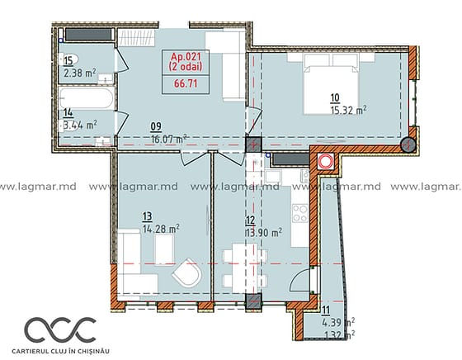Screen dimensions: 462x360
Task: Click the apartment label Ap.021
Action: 186,56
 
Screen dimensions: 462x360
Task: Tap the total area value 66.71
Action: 186,83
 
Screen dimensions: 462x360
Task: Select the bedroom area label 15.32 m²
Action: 348,111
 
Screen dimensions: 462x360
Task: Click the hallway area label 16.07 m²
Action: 169,139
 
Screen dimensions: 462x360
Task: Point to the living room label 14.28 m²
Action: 161,229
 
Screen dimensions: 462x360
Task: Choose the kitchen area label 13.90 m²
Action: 263,233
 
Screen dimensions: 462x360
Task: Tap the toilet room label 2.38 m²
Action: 80,73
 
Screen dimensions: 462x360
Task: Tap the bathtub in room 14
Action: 86,98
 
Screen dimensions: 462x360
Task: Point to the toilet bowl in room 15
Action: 68,59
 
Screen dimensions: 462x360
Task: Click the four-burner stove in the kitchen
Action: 300,213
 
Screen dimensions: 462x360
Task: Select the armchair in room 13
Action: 186,273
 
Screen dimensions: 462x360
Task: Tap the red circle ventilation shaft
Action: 326,162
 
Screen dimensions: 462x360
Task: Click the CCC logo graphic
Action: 60,330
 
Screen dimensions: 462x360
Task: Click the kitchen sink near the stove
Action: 273,177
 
